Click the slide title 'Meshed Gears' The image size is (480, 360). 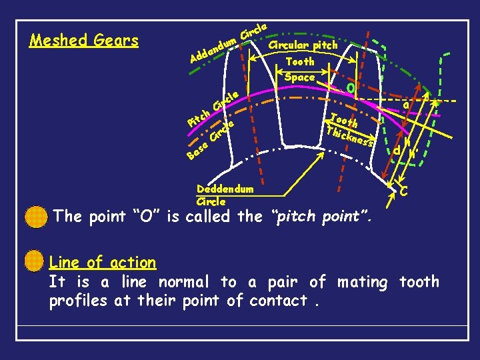pos(84,41)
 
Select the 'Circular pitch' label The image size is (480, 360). pos(303,45)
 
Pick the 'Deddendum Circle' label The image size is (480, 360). pos(225,195)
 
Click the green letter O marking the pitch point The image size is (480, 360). pos(351,88)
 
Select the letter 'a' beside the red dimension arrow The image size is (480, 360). pos(406,105)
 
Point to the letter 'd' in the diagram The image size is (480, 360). pos(397,151)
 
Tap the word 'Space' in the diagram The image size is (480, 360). pos(299,77)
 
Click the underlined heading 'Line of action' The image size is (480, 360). pos(103,263)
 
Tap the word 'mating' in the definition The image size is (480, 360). pos(362,282)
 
